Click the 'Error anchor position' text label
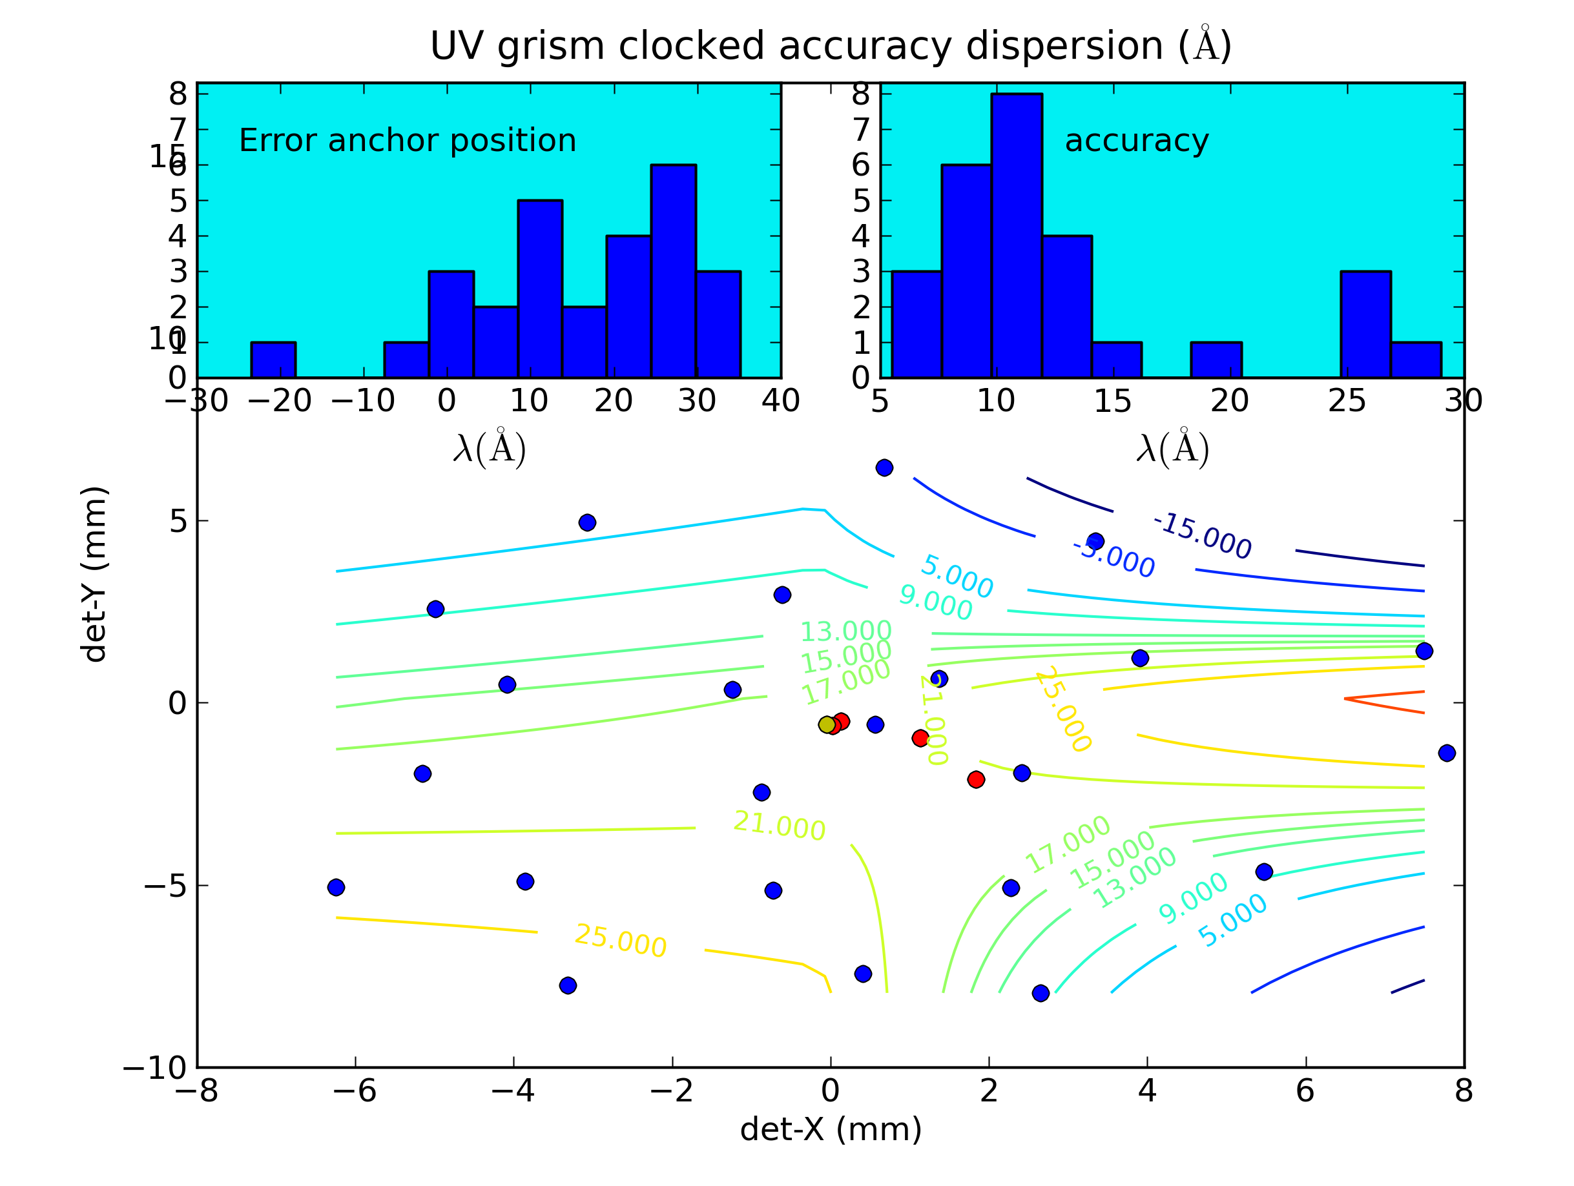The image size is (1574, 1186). (407, 141)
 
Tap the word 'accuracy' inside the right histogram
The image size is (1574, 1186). (1136, 141)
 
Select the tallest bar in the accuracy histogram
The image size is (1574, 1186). (1016, 235)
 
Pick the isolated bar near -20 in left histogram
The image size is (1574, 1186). (273, 360)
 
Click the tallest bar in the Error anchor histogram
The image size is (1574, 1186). (673, 271)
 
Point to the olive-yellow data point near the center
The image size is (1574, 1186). (827, 725)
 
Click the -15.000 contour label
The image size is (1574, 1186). (1202, 536)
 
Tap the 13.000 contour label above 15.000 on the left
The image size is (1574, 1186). (845, 631)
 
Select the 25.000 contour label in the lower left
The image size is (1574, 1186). (621, 941)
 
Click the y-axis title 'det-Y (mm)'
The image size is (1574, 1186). (94, 575)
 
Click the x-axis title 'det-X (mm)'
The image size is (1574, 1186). (831, 1130)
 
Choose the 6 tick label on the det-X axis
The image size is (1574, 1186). (1305, 1091)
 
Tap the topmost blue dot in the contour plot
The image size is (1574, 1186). (884, 467)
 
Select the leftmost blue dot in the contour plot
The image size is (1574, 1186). (336, 887)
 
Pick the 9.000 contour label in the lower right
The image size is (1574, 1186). (1192, 898)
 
